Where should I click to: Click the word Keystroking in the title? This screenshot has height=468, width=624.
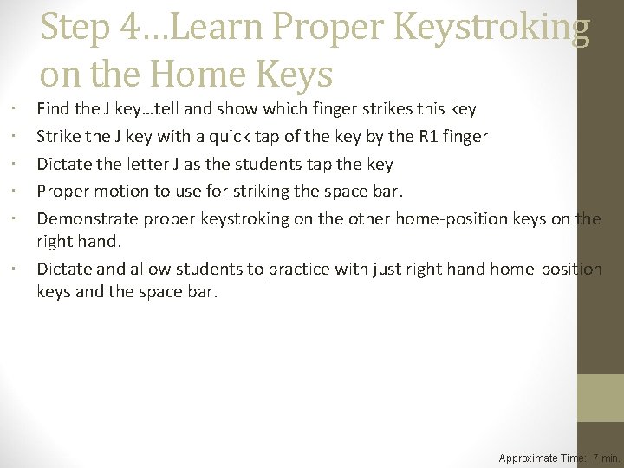click(492, 29)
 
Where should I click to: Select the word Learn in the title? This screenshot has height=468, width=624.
click(220, 29)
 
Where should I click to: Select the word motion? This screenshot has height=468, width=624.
click(119, 191)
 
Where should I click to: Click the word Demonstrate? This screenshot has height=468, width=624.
click(87, 218)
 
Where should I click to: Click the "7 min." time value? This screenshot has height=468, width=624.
click(606, 458)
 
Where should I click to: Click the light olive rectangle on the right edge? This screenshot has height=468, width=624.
click(601, 398)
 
